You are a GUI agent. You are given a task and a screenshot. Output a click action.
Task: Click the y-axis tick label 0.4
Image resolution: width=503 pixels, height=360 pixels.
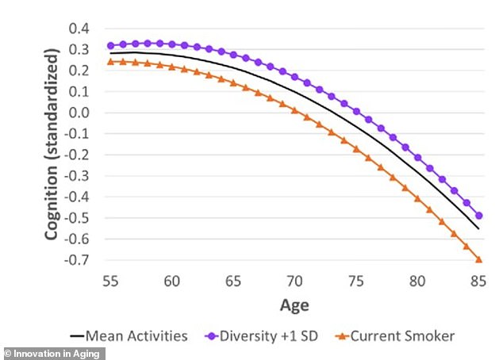(78, 29)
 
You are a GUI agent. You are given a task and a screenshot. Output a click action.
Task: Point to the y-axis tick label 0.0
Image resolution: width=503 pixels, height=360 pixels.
(78, 113)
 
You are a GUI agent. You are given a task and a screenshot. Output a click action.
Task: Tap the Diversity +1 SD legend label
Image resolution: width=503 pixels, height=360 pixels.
(273, 336)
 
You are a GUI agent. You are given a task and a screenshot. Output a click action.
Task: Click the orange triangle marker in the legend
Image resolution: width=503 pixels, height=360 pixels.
(344, 336)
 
